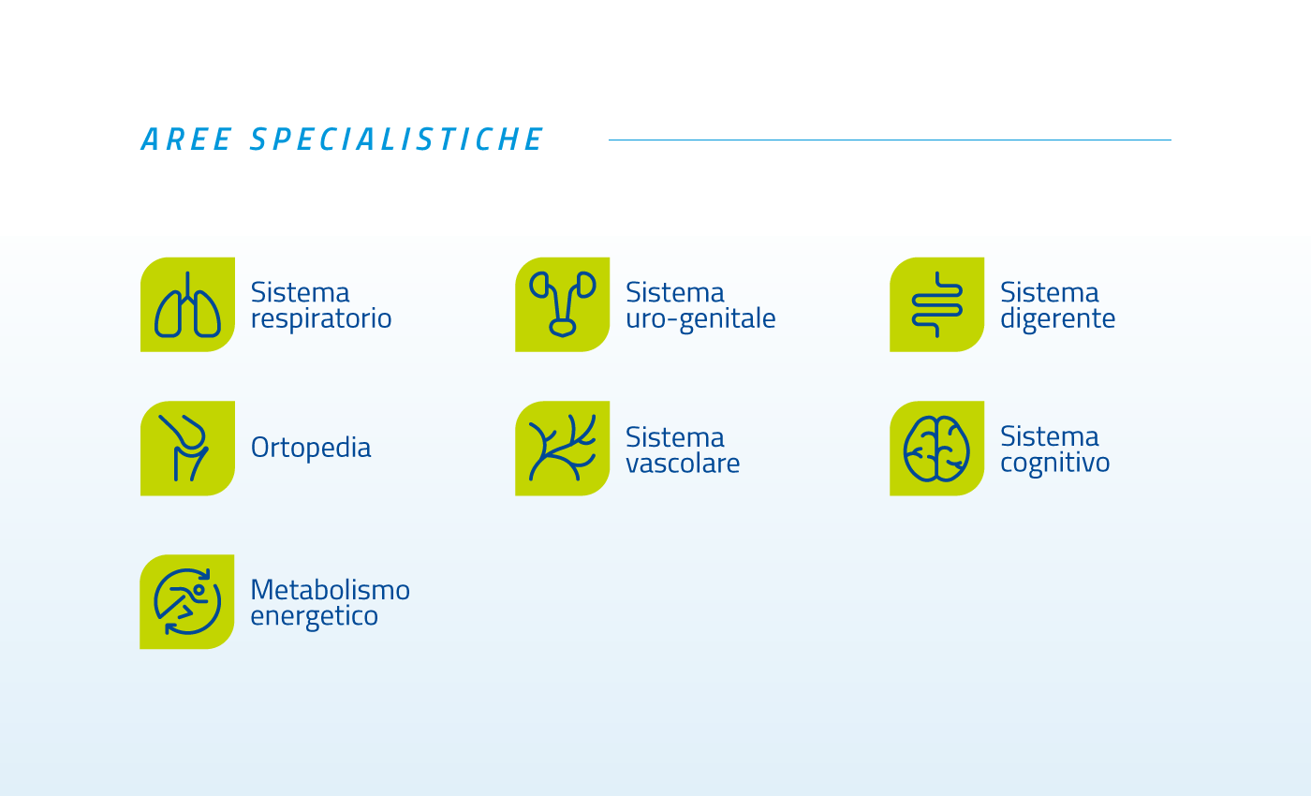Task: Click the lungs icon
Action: pyautogui.click(x=187, y=304)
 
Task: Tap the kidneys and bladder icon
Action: pyautogui.click(x=562, y=304)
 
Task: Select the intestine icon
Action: pyautogui.click(x=936, y=304)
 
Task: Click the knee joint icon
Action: pyautogui.click(x=187, y=449)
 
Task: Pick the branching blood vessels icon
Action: pyautogui.click(x=562, y=449)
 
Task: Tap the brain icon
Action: pyautogui.click(x=936, y=449)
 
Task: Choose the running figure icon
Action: pyautogui.click(x=186, y=601)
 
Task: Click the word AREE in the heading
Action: pyautogui.click(x=186, y=140)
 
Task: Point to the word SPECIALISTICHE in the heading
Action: pyautogui.click(x=397, y=140)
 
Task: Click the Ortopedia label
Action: pyautogui.click(x=311, y=448)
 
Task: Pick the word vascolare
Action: pyautogui.click(x=683, y=463)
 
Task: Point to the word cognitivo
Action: pyautogui.click(x=1054, y=463)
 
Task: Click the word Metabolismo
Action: pyautogui.click(x=330, y=589)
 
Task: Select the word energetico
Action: pyautogui.click(x=315, y=616)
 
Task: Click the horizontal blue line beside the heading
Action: pyautogui.click(x=890, y=140)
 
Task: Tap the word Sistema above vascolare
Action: pyautogui.click(x=675, y=437)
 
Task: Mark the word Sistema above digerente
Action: pyautogui.click(x=1050, y=292)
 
